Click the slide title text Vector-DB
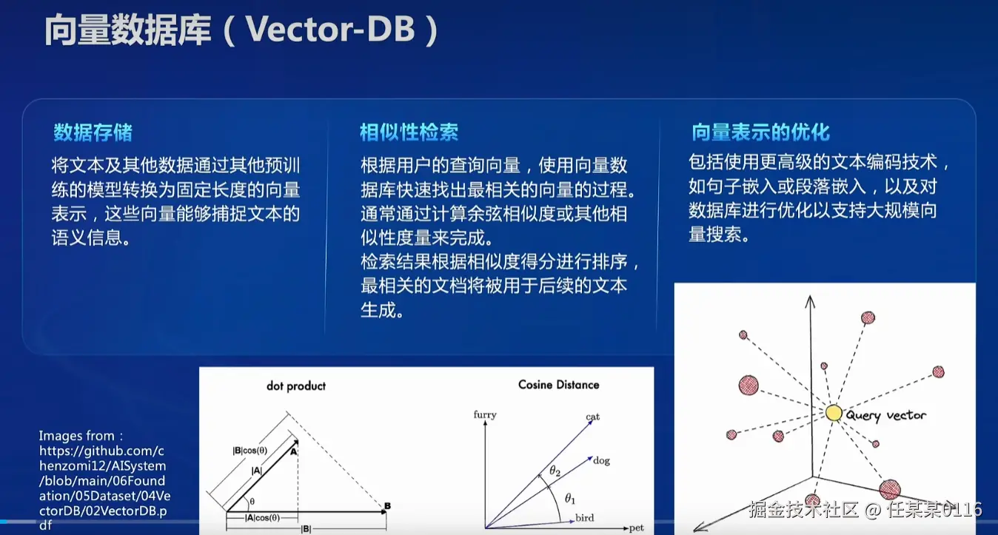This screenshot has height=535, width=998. coord(330,30)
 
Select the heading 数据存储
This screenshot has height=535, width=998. coord(93,132)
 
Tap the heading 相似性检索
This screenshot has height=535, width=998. coord(409,132)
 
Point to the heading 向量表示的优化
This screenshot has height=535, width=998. coord(760,132)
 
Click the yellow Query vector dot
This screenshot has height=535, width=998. coord(834,413)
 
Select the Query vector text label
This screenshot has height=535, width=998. coord(885,416)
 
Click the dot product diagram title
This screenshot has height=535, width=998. coord(296,386)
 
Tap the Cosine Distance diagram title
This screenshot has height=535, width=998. coord(559,385)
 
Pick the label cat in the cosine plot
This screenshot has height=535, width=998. coord(592,417)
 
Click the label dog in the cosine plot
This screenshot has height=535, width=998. coord(601,460)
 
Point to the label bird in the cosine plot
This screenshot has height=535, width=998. coord(585,518)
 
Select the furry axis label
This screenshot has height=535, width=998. coord(485,414)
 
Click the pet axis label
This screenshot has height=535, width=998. coord(636,528)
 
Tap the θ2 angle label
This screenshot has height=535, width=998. coord(555,471)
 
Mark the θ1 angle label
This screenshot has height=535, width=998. coord(570,499)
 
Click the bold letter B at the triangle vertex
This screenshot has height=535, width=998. coord(388,505)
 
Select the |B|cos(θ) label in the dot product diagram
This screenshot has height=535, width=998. coord(250,451)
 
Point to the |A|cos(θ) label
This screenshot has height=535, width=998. coord(263,518)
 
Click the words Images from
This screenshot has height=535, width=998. coord(80,435)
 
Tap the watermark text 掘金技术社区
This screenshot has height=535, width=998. coord(803,509)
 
